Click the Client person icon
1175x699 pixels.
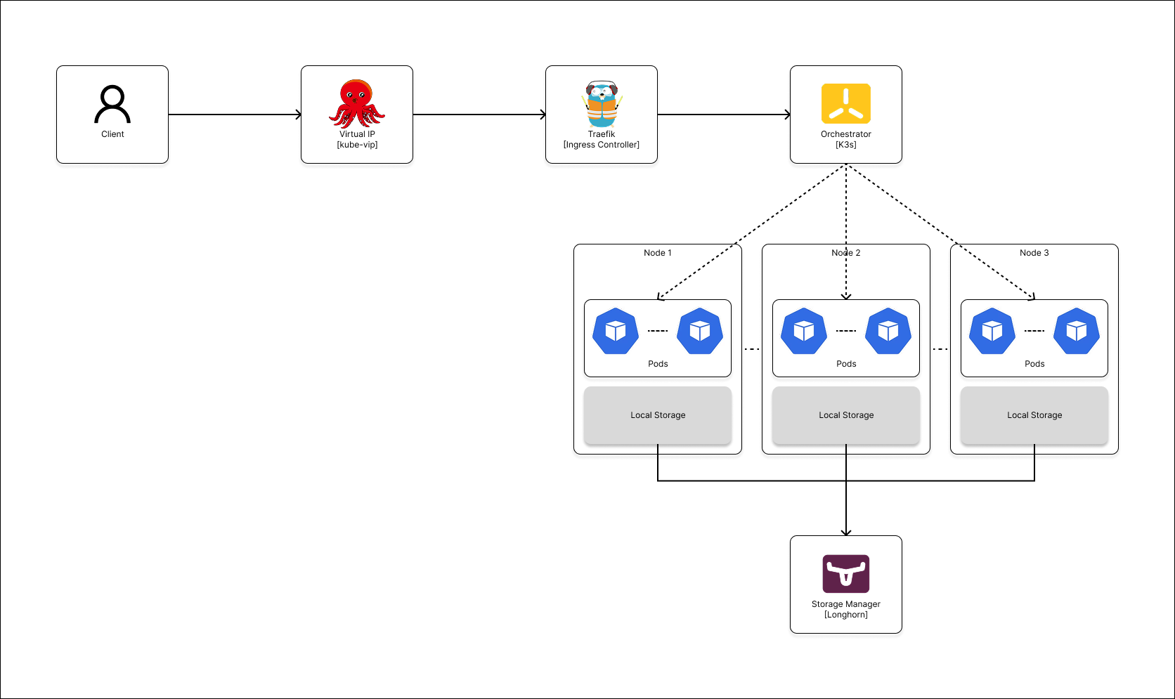coord(112,104)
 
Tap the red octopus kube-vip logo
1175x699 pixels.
coord(357,103)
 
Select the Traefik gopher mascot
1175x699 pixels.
coord(602,104)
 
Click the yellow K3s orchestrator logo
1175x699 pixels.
coord(846,103)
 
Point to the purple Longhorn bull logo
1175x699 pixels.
coord(846,574)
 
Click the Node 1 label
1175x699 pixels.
coord(658,253)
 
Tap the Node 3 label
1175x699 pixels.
coord(1034,253)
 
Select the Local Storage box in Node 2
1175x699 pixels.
coord(846,415)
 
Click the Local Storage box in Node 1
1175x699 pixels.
coord(658,415)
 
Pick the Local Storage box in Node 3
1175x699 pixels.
coord(1034,415)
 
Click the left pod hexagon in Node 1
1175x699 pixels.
coord(616,331)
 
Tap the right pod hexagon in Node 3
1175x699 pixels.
coord(1077,331)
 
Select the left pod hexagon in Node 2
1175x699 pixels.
coord(804,331)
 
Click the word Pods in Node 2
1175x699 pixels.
coord(846,364)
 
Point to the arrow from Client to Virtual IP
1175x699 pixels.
coord(235,115)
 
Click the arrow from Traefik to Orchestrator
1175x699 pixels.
coord(724,115)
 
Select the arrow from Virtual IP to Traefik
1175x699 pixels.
coord(479,115)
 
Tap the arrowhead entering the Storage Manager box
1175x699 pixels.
coord(846,533)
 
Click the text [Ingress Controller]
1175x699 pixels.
coord(602,145)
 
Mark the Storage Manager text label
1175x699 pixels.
coord(846,604)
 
